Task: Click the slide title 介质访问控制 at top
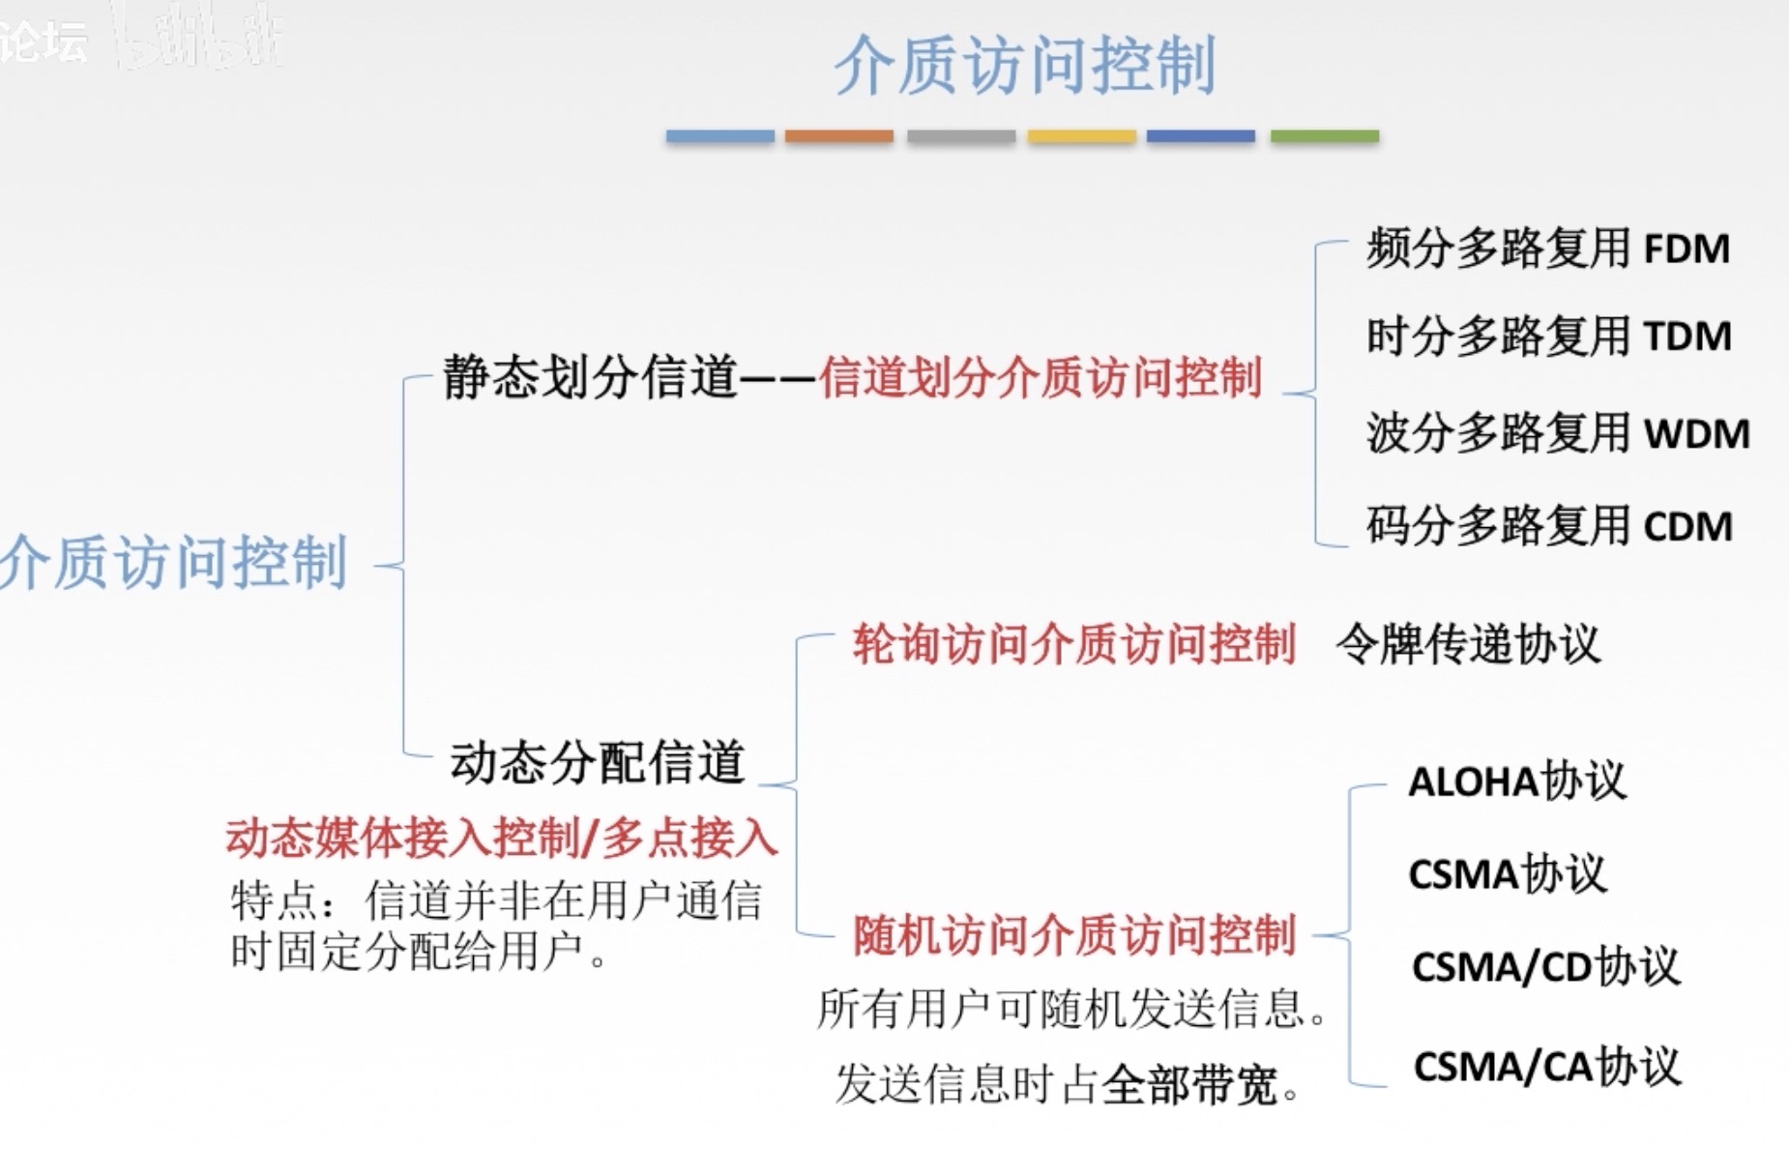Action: [x=1024, y=66]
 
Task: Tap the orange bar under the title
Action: [x=838, y=136]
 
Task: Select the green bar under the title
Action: [x=1324, y=136]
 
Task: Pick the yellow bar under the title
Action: [x=1081, y=136]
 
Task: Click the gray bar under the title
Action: [x=960, y=136]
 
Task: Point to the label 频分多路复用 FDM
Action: [x=1547, y=249]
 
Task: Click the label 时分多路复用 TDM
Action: [x=1547, y=337]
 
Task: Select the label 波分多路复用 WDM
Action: [x=1557, y=432]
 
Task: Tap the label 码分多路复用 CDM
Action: [x=1547, y=526]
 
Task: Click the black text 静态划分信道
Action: [x=590, y=377]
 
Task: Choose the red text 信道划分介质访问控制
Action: [x=1041, y=377]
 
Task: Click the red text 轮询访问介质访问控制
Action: [x=1073, y=644]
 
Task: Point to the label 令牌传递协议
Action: [x=1468, y=644]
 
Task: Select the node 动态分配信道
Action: [x=597, y=762]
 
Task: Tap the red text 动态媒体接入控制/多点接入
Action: [x=501, y=838]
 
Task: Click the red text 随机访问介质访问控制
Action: [x=1073, y=935]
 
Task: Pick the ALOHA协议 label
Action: [x=1516, y=781]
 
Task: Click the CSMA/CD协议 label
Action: [x=1545, y=966]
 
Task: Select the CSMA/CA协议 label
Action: [x=1546, y=1067]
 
